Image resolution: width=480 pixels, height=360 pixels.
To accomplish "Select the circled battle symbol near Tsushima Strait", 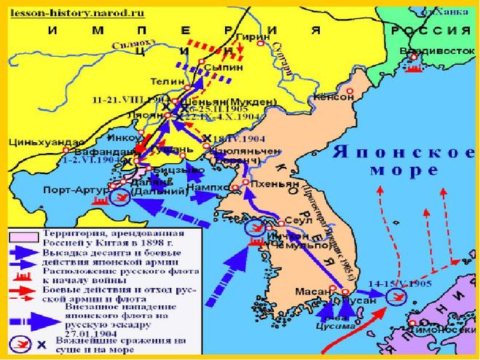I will (x=396, y=297).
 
